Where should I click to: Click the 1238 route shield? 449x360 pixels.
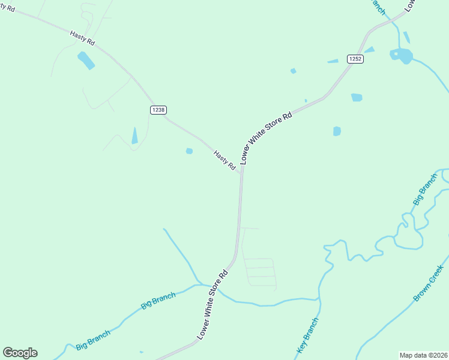click(158, 110)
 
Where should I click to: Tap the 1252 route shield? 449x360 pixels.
click(354, 59)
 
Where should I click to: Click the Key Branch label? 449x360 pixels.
click(307, 335)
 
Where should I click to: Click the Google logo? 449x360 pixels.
click(20, 353)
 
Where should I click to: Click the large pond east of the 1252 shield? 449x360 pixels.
click(402, 56)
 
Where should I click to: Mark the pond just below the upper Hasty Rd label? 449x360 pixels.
click(86, 60)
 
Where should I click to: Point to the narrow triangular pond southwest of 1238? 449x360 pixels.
click(134, 136)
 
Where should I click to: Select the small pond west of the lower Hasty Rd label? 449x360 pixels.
click(189, 151)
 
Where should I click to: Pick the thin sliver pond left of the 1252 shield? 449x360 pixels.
click(333, 61)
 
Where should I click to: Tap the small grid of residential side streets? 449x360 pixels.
click(261, 272)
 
